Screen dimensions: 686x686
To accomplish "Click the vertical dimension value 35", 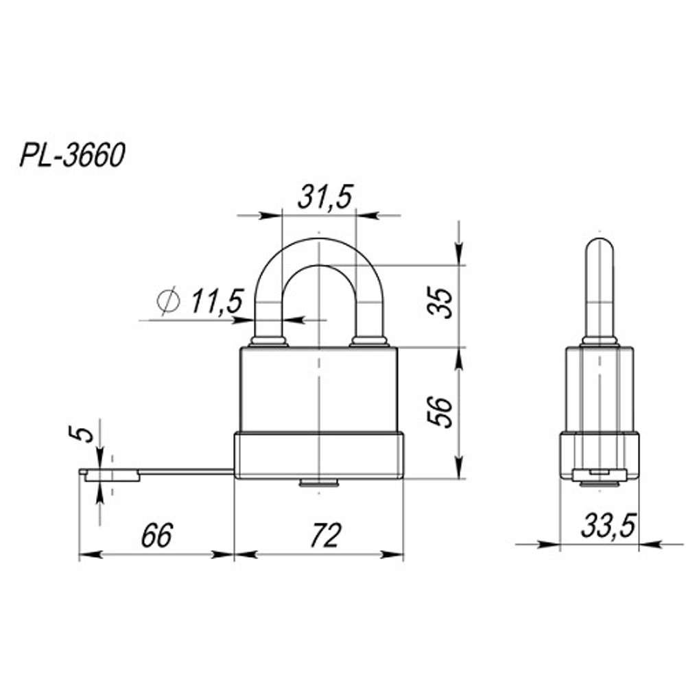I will (445, 303).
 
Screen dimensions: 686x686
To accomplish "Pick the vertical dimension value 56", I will (445, 412).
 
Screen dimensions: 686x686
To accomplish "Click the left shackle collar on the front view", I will (269, 341).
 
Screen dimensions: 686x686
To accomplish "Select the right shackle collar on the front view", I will (370, 341).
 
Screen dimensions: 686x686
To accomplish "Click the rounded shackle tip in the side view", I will (600, 247).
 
